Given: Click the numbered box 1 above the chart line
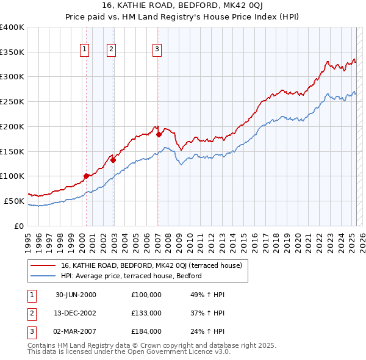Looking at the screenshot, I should click(84, 50).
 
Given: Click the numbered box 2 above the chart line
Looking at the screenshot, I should click(112, 50).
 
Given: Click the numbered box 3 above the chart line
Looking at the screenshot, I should click(157, 50).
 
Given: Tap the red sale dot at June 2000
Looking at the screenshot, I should click(86, 176).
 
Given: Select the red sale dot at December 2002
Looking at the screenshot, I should click(113, 160).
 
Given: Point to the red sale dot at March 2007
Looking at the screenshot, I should click(159, 134).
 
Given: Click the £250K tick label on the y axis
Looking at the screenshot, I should click(12, 101).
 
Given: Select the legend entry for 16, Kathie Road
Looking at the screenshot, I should click(151, 265).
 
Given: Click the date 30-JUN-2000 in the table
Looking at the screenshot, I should click(76, 295).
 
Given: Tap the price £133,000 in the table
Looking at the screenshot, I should click(146, 313).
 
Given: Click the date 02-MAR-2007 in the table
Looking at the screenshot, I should click(76, 331).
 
